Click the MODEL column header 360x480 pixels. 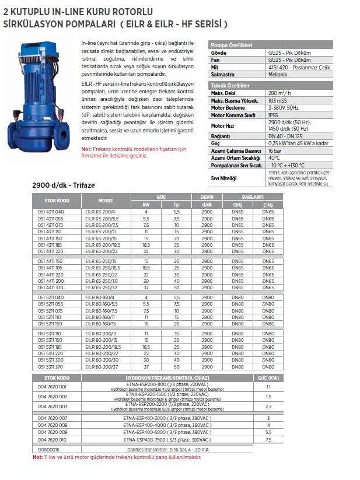tap(106, 199)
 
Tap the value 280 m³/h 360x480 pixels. tap(279, 92)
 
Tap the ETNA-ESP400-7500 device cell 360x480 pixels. tap(166, 440)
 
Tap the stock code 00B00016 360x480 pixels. tap(48, 450)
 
